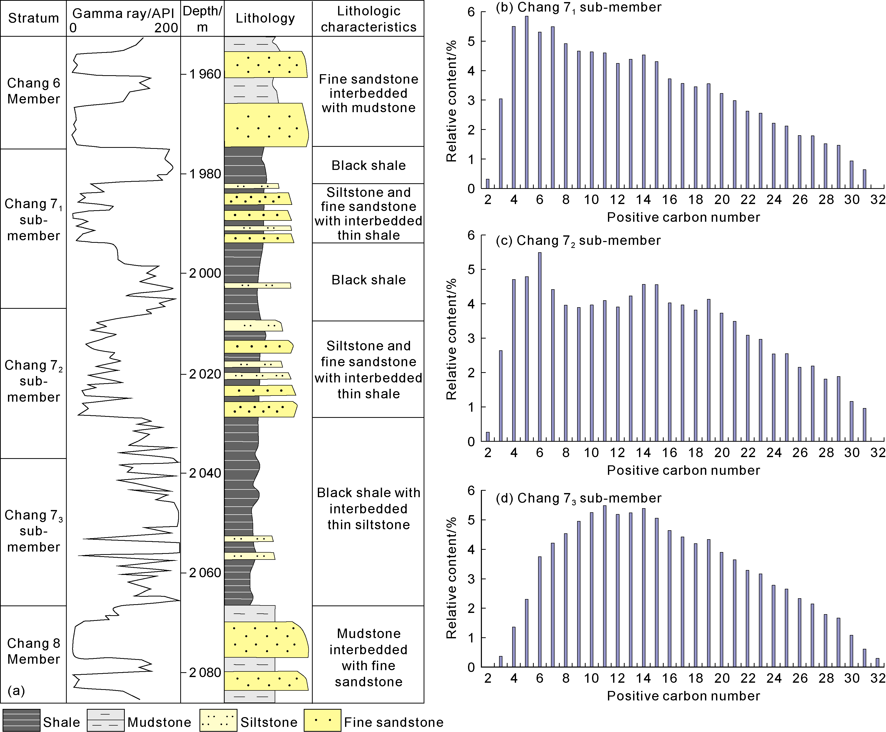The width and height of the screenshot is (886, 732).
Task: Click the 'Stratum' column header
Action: tap(33, 18)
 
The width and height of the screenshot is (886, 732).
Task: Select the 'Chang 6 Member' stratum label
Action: tap(33, 91)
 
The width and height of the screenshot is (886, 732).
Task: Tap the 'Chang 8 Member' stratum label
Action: tap(33, 651)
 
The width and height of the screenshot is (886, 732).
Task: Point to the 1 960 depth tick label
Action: tap(205, 74)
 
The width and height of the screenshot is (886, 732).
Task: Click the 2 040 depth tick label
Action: tap(205, 473)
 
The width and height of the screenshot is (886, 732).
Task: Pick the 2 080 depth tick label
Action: tap(205, 672)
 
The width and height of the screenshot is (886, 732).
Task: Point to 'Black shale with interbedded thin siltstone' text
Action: tap(368, 508)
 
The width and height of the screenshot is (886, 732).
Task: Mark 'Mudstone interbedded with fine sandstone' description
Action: tap(368, 657)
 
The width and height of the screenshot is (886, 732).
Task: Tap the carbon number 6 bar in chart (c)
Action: tap(540, 346)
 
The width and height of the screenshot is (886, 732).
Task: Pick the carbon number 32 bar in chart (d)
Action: tap(878, 663)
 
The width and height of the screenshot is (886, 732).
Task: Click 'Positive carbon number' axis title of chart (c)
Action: tap(683, 470)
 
